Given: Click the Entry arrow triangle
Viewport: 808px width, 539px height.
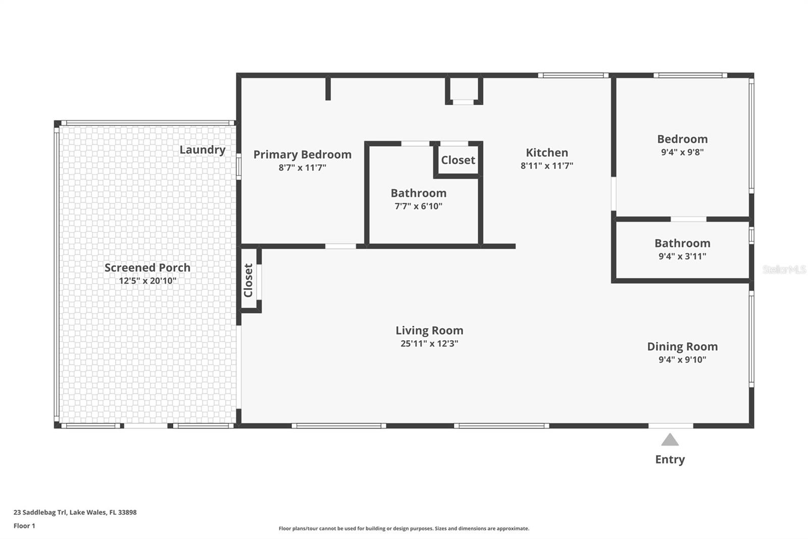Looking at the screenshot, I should tap(670, 440).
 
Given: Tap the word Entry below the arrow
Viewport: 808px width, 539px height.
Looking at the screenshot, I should tap(670, 460).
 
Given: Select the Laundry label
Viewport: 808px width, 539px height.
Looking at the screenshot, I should tap(203, 150).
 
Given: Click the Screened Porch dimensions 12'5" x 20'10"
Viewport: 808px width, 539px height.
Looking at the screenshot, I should tap(147, 281).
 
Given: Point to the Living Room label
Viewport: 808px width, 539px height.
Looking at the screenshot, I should tap(429, 331).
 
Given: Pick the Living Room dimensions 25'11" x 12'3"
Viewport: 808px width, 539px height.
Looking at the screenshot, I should tap(429, 344).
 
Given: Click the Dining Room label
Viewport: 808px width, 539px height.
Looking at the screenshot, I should tap(682, 347).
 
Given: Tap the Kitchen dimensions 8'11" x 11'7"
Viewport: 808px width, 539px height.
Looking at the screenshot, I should tap(547, 166).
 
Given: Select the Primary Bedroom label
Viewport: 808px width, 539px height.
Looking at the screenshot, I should tap(302, 155).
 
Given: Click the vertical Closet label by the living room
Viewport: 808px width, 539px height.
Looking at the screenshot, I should tap(248, 280).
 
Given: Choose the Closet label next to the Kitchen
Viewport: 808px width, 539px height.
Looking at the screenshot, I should tap(458, 160).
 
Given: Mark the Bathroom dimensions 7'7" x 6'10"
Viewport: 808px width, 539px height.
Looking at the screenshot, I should tap(418, 206).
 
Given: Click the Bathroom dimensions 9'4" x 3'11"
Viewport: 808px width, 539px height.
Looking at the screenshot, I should tap(682, 256).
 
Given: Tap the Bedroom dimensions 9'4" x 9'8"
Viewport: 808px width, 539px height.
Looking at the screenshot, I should tap(682, 152).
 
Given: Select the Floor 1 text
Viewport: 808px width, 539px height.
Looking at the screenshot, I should tap(24, 526).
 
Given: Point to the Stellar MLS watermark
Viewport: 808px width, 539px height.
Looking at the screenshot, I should tap(784, 270).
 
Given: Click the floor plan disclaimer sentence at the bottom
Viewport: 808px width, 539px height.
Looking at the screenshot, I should tap(404, 528).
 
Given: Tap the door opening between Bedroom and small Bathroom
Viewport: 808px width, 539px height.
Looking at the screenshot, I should tap(688, 219).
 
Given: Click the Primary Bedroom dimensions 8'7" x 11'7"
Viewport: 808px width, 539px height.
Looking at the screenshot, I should tap(302, 168).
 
